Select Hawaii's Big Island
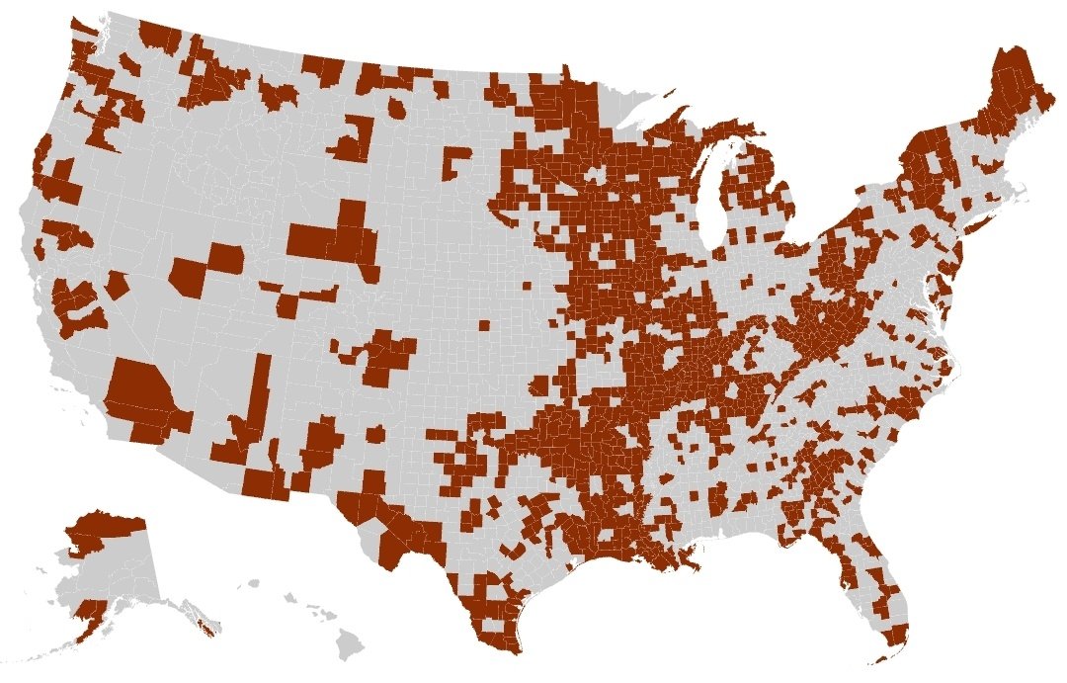click(349, 647)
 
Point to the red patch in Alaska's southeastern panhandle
click(205, 627)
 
